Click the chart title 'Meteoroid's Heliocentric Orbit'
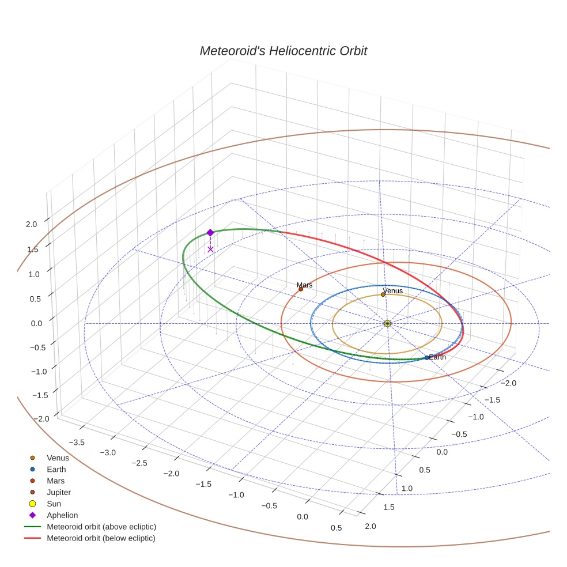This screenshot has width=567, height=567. tap(283, 51)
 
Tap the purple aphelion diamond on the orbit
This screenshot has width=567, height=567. tap(210, 232)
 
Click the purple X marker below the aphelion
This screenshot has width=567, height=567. tap(210, 249)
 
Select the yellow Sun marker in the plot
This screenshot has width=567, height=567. tap(387, 323)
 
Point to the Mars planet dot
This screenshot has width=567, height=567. tap(301, 289)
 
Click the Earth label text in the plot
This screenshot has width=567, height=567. tap(438, 357)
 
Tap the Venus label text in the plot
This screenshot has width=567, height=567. tap(393, 291)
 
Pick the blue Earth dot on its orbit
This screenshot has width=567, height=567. tap(426, 358)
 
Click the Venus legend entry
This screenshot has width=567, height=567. tap(58, 458)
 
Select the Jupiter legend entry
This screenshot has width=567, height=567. tap(59, 493)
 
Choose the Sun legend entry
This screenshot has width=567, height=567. tap(55, 504)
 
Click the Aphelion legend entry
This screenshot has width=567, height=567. tap(62, 515)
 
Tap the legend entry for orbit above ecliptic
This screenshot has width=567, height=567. tap(101, 527)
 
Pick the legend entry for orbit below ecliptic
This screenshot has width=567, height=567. tap(101, 538)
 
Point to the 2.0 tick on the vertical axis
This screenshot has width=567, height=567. tap(31, 224)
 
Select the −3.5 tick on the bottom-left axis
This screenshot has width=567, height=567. tap(77, 442)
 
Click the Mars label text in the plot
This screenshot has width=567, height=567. tap(305, 285)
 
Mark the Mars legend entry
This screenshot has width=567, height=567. tap(55, 481)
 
